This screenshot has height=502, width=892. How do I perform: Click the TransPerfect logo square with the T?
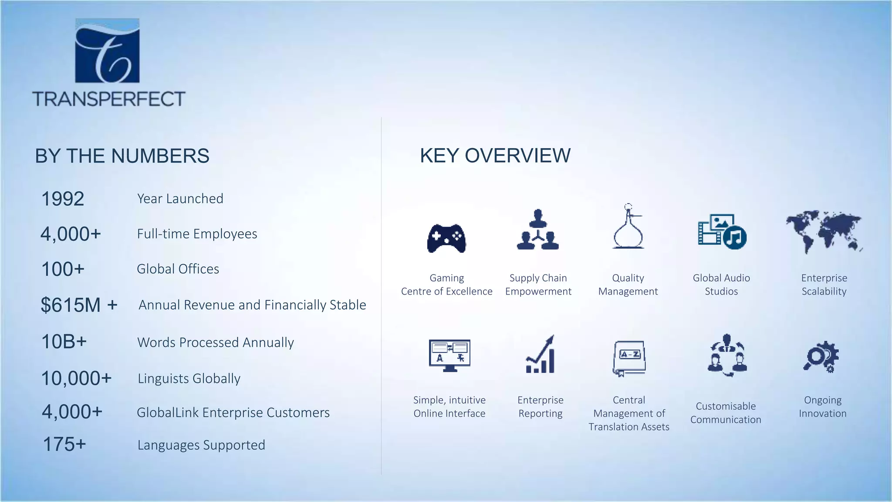[107, 51]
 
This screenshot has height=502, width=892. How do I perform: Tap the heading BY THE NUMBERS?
[122, 156]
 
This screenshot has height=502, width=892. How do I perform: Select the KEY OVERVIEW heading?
[495, 156]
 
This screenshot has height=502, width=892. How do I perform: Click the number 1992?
[62, 199]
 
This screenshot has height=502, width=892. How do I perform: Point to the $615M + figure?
[79, 305]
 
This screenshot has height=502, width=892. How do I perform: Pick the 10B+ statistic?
[64, 342]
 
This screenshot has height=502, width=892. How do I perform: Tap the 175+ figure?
[64, 445]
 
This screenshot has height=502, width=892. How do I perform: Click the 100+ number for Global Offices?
[62, 269]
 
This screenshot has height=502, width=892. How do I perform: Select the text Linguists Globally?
[189, 378]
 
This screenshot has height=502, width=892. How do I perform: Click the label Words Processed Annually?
[216, 343]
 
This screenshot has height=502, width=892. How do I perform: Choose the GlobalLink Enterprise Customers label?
[233, 412]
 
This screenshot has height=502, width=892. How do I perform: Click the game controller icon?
[446, 238]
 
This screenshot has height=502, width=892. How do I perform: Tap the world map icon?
[824, 231]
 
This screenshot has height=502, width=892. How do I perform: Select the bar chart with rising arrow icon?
[541, 355]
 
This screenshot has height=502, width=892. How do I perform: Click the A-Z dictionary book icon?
[629, 358]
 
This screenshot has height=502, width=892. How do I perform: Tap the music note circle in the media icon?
[735, 238]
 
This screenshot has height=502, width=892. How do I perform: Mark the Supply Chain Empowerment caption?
[538, 285]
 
